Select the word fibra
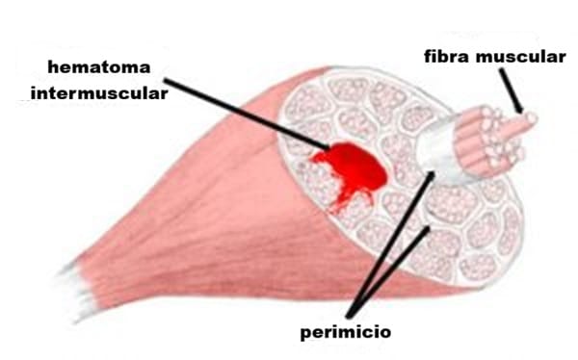[x=447, y=56]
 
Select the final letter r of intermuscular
[x=164, y=93]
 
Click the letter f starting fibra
[x=429, y=56]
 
